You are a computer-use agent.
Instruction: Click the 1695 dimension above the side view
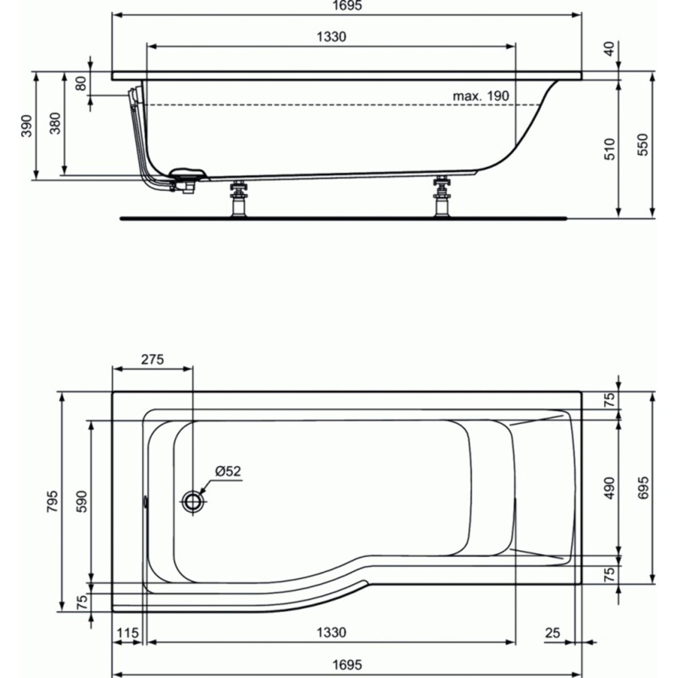[x=347, y=6]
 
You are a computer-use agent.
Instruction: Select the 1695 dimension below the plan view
[x=347, y=665]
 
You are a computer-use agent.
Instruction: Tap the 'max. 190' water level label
[x=481, y=96]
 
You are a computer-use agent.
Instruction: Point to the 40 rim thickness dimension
[x=609, y=49]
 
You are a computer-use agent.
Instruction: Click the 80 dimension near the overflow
[x=81, y=84]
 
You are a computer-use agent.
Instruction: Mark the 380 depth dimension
[x=55, y=123]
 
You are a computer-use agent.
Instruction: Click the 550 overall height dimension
[x=643, y=145]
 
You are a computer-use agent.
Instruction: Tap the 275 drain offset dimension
[x=152, y=359]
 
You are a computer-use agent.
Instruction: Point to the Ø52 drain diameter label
[x=228, y=471]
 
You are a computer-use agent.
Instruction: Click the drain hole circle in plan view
[x=193, y=501]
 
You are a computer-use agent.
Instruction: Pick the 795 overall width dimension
[x=51, y=501]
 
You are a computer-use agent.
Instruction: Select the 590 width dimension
[x=82, y=501]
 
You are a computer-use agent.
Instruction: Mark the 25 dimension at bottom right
[x=553, y=633]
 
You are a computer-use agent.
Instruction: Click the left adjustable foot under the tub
[x=239, y=198]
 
